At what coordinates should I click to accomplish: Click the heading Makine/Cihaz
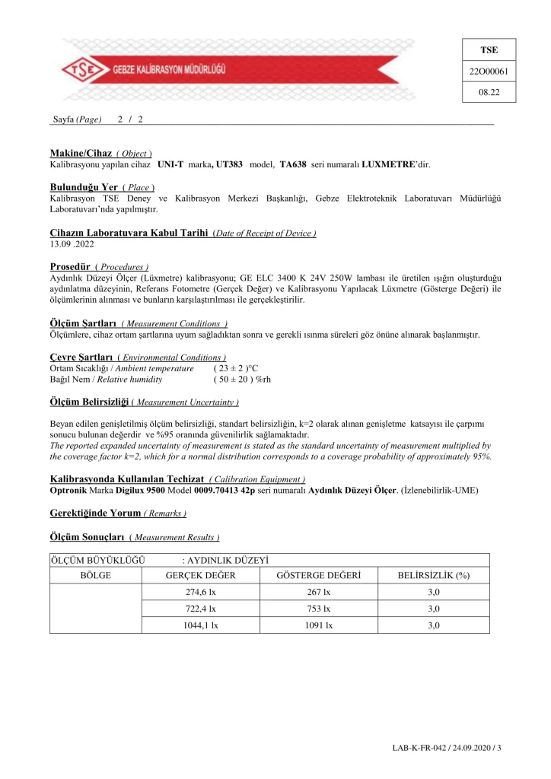(81, 152)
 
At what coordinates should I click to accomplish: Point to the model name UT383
(229, 164)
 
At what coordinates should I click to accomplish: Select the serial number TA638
(293, 164)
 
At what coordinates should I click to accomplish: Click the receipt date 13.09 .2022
(71, 245)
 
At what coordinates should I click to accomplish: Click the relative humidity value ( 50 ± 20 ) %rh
(243, 379)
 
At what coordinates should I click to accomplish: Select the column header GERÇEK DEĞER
(200, 575)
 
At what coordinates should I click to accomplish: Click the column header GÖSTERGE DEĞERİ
(319, 575)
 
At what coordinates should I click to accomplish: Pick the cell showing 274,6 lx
(201, 592)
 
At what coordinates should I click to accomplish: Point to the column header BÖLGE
(95, 575)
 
